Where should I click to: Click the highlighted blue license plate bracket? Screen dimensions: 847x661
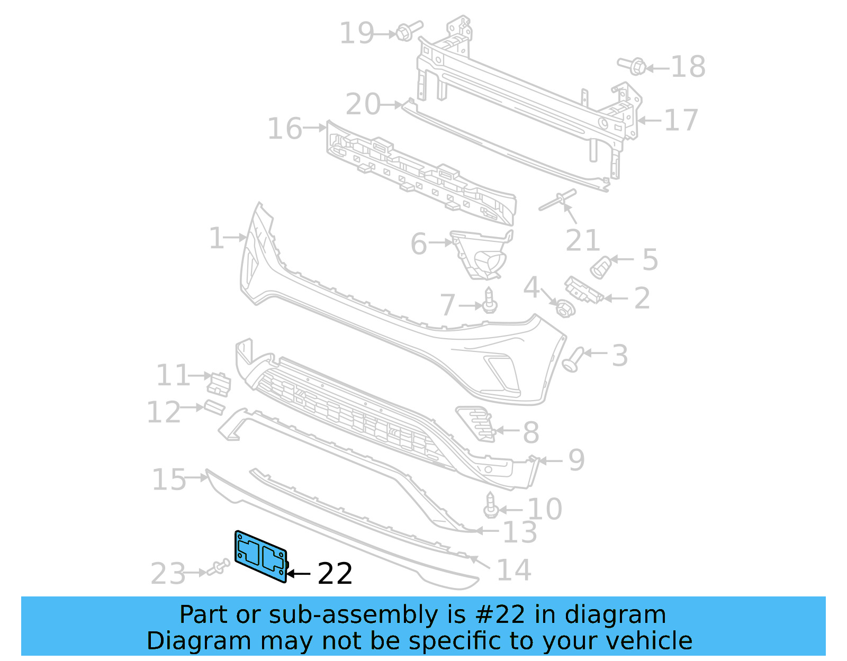coord(260,556)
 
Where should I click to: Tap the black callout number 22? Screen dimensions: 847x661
coord(335,574)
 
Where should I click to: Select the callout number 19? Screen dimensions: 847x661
coord(356,33)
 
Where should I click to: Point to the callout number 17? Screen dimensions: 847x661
coord(681,120)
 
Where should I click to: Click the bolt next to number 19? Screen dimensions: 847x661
coord(408,30)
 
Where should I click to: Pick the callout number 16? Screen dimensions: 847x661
coord(285,129)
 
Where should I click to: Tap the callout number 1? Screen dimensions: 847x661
coord(217,238)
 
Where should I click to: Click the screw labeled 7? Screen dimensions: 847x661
coord(490,301)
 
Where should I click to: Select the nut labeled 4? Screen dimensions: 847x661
coord(564,307)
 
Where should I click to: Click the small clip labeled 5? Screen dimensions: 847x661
coord(600,267)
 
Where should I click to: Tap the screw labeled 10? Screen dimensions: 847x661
coord(491,506)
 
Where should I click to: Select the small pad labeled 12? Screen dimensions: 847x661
coord(214,408)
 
